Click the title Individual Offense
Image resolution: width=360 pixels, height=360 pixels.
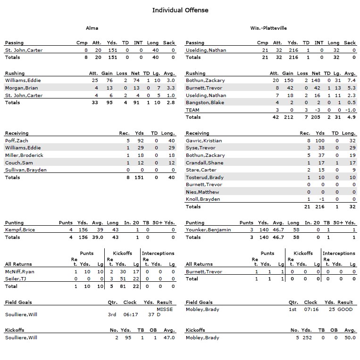[x=180, y=10]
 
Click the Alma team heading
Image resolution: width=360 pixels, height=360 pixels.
[x=92, y=28]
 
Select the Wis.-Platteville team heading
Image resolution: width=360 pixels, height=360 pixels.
[x=268, y=28]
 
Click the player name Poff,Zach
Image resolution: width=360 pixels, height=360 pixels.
[x=17, y=140]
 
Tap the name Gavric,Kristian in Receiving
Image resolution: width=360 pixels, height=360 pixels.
[x=204, y=140]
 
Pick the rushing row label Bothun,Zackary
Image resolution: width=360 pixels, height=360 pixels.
[x=205, y=81]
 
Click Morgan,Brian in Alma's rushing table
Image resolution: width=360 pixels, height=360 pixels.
[x=21, y=88]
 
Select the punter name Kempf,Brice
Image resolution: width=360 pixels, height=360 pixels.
[x=20, y=230]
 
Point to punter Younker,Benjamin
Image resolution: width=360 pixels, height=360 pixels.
[x=209, y=230]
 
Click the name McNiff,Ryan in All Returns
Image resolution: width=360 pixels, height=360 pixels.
[x=20, y=272]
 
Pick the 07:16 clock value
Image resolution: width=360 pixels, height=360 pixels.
[x=310, y=310]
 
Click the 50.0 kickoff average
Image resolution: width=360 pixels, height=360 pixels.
[x=350, y=338]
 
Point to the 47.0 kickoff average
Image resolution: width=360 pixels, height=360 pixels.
[x=168, y=338]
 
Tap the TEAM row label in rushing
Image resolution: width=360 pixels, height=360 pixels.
[x=193, y=110]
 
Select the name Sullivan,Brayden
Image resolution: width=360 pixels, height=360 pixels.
[x=26, y=170]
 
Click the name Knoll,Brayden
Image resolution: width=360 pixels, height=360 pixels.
[x=203, y=199]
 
